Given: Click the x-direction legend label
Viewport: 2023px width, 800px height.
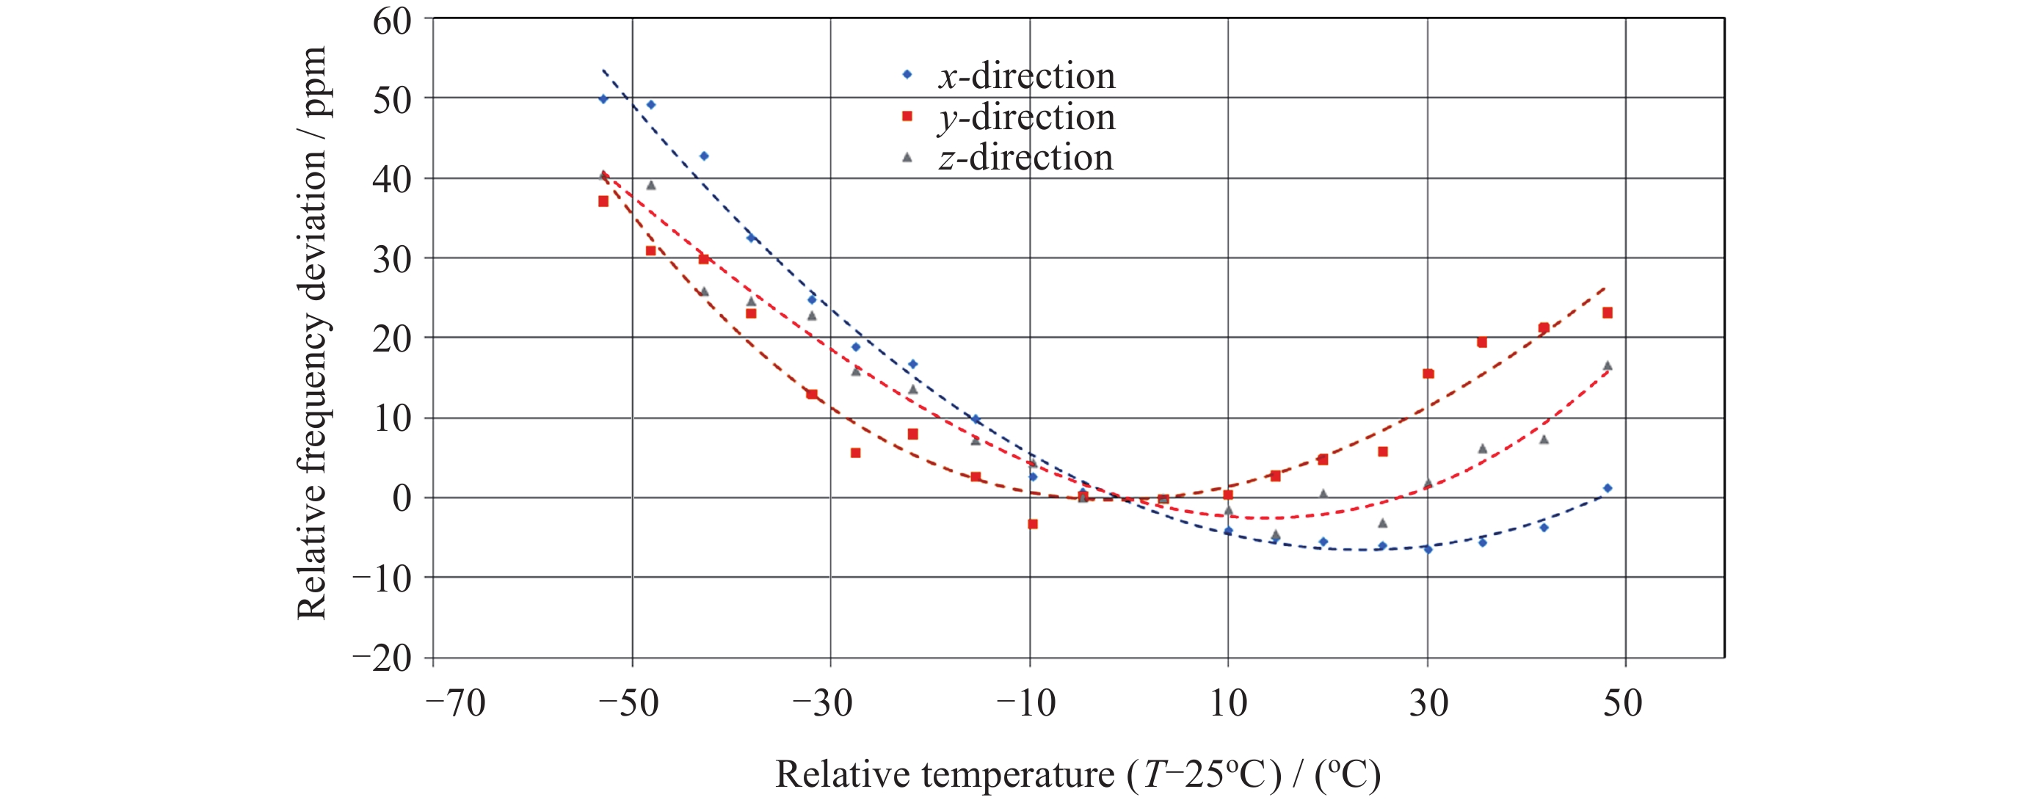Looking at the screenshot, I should [1026, 76].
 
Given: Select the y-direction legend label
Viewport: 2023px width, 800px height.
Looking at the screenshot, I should [1026, 117].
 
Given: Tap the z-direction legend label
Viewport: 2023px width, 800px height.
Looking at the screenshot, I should [1025, 158].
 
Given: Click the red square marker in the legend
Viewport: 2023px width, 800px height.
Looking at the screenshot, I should [907, 116].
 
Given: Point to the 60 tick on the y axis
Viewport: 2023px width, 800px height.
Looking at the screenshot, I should [392, 22].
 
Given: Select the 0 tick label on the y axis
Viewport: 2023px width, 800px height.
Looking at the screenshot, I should [402, 498].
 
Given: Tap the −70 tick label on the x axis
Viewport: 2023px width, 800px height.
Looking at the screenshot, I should [456, 702].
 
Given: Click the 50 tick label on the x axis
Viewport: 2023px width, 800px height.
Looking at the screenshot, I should [1622, 702].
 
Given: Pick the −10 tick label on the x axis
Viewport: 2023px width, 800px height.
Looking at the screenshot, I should [1026, 702].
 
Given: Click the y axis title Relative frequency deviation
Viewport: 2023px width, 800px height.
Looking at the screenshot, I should [312, 334].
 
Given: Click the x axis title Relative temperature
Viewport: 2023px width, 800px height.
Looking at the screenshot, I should [1078, 774].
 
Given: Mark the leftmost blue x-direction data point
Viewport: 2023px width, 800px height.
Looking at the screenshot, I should [603, 99].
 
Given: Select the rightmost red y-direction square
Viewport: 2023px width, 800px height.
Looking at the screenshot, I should [1608, 313].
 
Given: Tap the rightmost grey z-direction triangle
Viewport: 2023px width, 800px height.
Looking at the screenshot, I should [1608, 366].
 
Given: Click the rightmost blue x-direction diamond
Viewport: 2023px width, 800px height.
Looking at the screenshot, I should [1608, 488].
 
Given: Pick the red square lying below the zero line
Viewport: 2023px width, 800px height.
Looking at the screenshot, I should [1033, 523].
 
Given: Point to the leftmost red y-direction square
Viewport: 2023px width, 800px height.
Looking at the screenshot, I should [603, 201].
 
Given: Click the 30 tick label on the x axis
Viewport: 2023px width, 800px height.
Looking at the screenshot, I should [1428, 702].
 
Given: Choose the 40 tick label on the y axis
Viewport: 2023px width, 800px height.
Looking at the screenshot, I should [392, 181].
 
